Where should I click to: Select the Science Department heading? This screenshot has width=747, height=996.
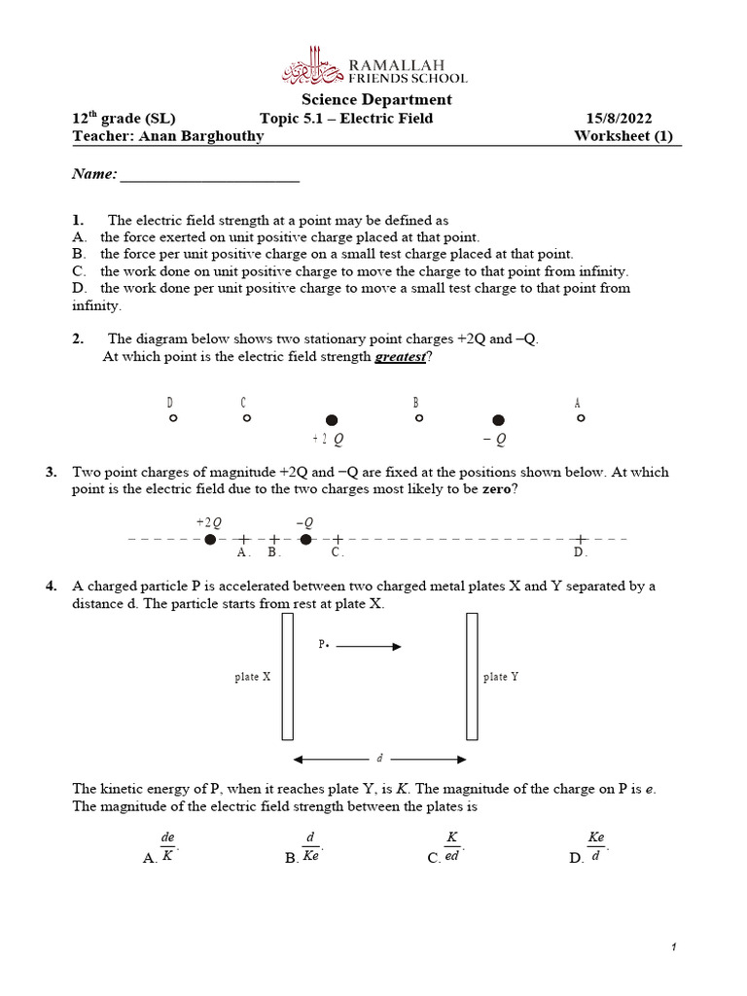[x=376, y=99]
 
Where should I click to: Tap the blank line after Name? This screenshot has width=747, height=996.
[x=209, y=179]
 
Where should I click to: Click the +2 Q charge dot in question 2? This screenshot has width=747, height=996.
[x=331, y=420]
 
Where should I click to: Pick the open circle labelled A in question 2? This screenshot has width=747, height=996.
[x=581, y=418]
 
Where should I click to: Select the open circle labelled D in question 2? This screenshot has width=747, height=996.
[x=172, y=418]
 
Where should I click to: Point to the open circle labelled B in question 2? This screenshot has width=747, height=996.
[x=418, y=418]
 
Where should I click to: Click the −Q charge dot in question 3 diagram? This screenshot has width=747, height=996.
[x=306, y=539]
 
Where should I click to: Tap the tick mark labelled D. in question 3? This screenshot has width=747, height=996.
[x=581, y=539]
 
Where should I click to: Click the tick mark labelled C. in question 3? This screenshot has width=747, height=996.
[x=337, y=539]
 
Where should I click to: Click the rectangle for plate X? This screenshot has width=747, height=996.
[x=288, y=676]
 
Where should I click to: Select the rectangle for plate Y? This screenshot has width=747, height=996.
[x=472, y=676]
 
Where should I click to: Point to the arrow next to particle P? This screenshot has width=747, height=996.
[x=369, y=645]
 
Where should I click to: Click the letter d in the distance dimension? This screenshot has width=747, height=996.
[x=379, y=759]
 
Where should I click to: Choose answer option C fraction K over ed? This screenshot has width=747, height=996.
[x=451, y=846]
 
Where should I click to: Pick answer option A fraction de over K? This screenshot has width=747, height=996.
[x=167, y=846]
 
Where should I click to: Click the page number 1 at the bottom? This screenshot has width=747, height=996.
[x=672, y=947]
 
